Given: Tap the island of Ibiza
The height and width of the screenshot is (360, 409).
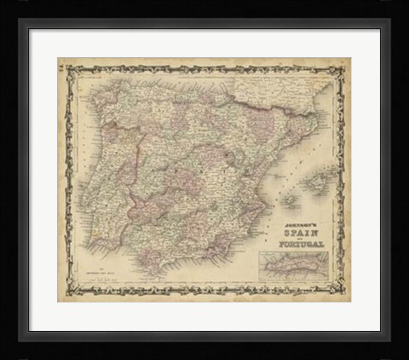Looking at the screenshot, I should [x=290, y=201].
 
